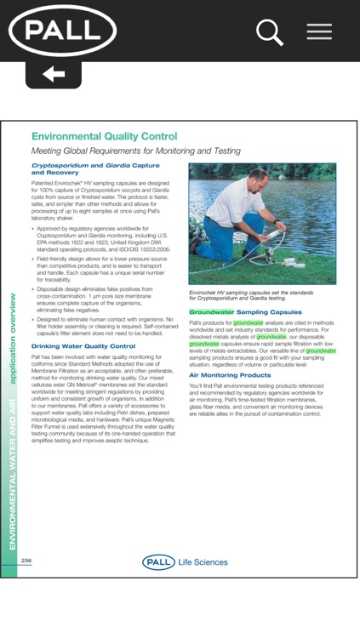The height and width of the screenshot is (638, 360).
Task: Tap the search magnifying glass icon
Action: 269,32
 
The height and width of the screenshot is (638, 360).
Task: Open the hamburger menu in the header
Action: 319,31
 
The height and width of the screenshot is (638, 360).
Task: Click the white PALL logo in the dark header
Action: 62,31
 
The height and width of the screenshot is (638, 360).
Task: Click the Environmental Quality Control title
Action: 104,136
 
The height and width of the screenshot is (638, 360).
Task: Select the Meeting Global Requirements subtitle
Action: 124,151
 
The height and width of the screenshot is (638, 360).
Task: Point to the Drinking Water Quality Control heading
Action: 83,346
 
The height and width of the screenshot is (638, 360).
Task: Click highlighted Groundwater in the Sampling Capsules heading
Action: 210,312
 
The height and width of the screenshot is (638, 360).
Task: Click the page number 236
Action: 26,561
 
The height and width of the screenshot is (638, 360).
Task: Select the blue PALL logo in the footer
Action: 159,562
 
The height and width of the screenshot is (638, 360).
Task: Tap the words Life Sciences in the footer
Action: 203,562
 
